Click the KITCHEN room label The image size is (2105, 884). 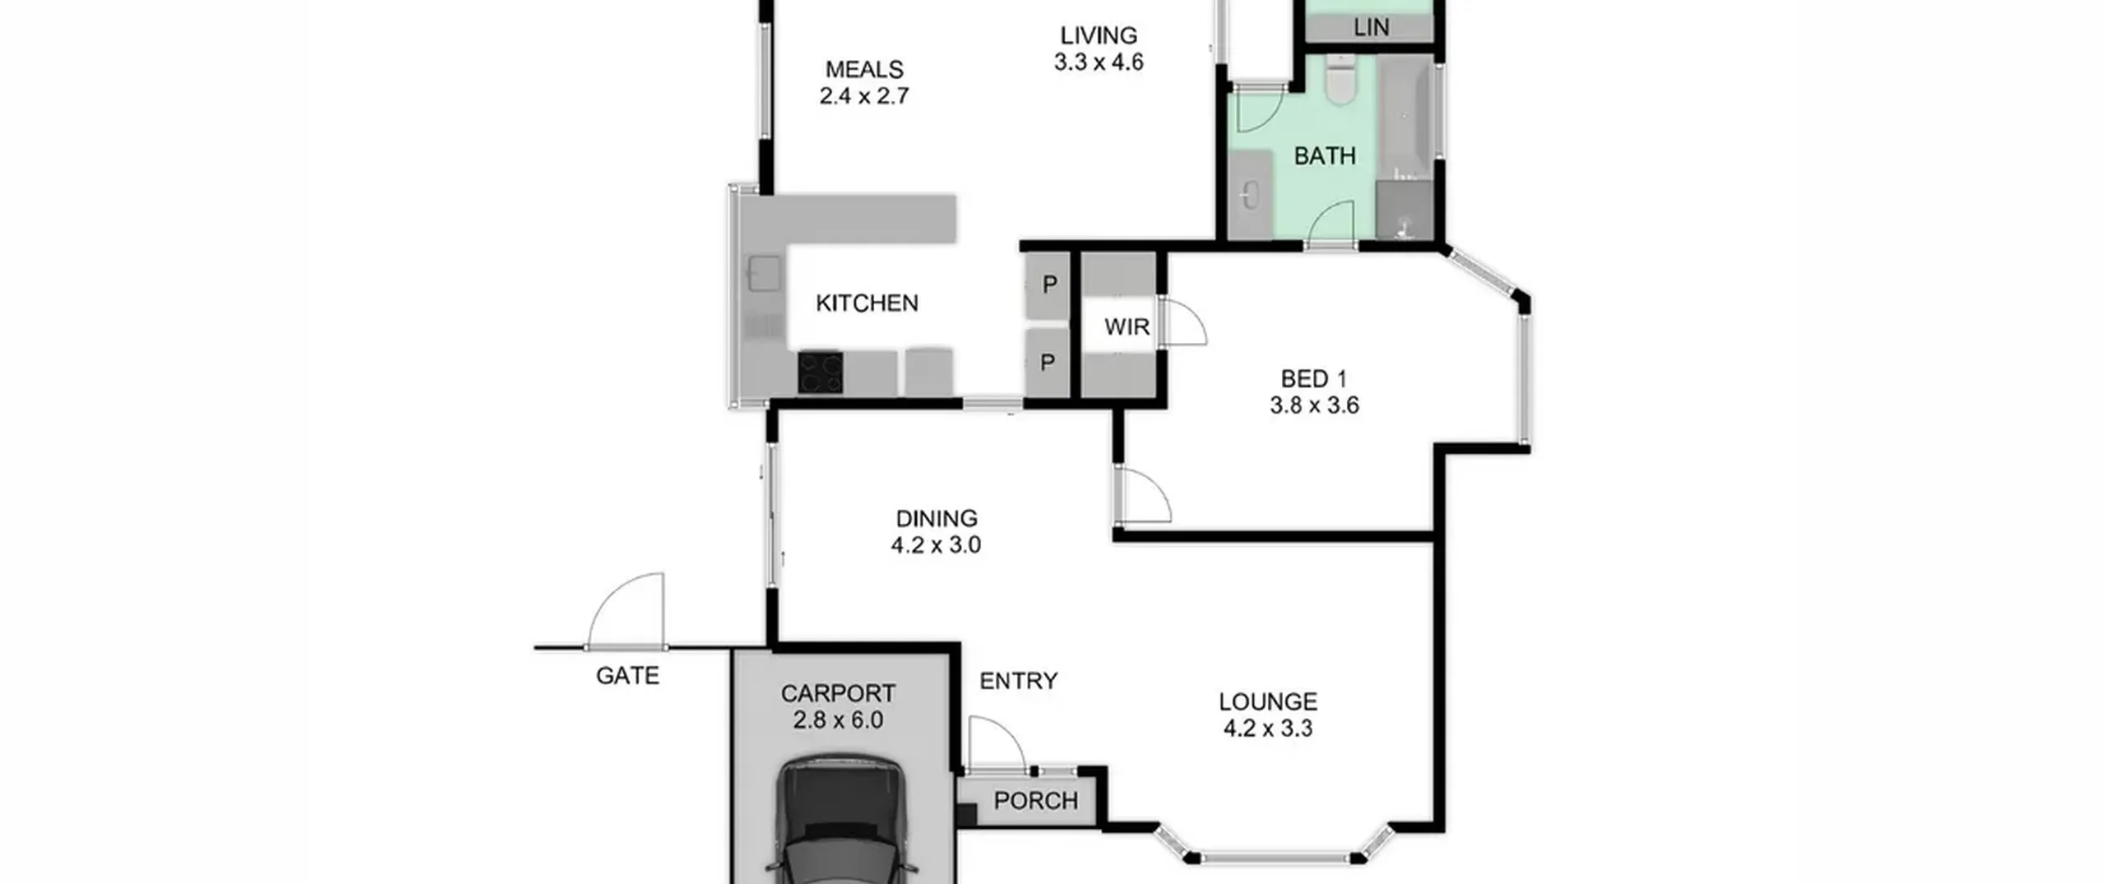[867, 303]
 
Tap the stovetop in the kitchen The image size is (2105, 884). [820, 373]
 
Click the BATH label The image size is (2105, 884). [1325, 156]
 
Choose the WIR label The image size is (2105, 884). [1127, 327]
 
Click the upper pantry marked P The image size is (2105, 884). [1049, 285]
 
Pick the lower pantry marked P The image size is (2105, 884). [1048, 363]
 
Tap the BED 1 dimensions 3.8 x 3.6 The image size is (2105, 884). [1314, 405]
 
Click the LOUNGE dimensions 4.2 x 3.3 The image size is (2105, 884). [1268, 729]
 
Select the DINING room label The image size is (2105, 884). [937, 519]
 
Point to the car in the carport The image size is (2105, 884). [840, 822]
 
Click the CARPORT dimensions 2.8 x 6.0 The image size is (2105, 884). [838, 720]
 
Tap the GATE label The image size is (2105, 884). [627, 676]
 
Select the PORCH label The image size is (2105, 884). [1035, 801]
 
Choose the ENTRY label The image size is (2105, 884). [1018, 681]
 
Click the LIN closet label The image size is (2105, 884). [1371, 28]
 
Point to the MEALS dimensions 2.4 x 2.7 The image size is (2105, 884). [864, 96]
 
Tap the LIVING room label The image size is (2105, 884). [1099, 35]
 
